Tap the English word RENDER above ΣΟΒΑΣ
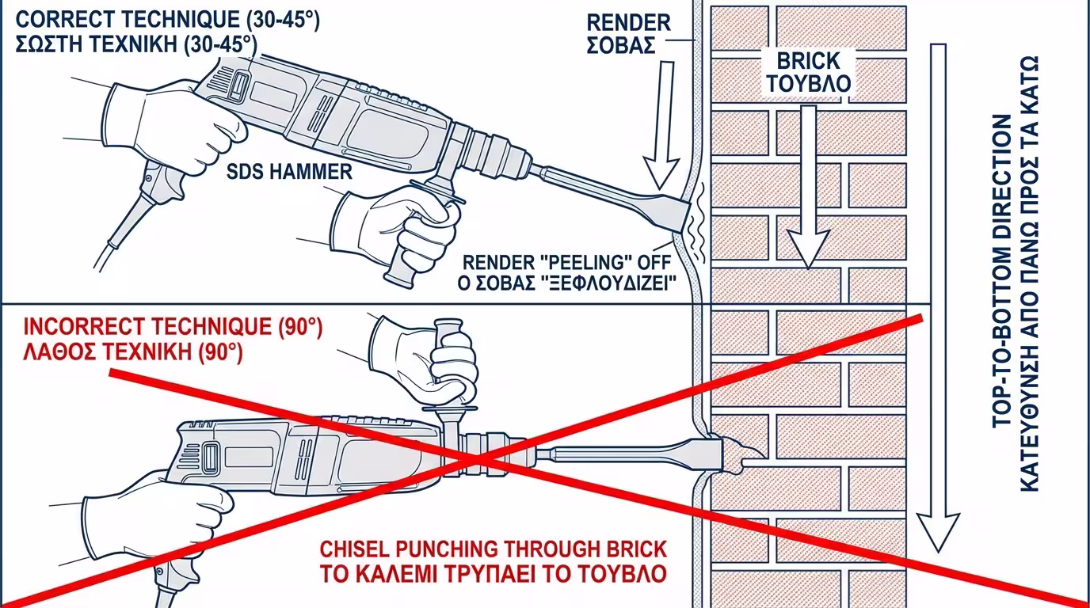click(x=629, y=23)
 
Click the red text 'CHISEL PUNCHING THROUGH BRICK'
click(x=493, y=549)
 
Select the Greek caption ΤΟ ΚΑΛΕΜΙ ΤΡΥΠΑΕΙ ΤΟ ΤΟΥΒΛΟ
click(x=493, y=573)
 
